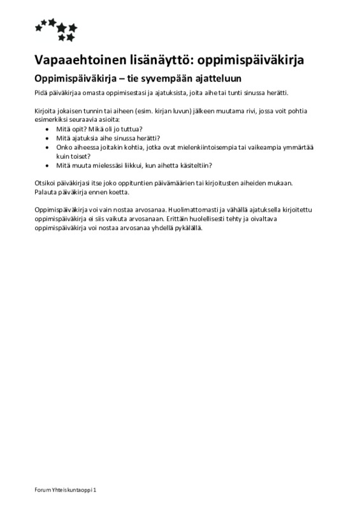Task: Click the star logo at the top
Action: click(x=57, y=29)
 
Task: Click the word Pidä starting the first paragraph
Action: click(x=40, y=93)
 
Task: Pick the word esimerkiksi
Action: click(x=52, y=120)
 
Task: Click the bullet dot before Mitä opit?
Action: click(x=49, y=129)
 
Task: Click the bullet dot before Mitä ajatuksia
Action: click(x=49, y=138)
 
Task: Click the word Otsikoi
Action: click(x=45, y=182)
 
